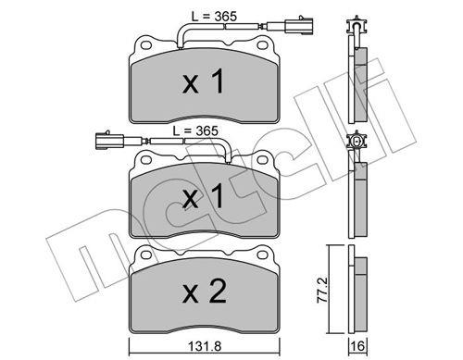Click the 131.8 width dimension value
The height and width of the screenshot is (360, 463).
coord(205,346)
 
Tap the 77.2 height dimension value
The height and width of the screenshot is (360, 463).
coord(322,290)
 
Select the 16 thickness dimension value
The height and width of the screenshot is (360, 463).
coord(357,346)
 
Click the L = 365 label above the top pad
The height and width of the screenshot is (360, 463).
coord(214,17)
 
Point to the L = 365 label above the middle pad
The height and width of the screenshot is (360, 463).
coord(195,130)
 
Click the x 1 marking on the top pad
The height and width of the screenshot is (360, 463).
coord(203,81)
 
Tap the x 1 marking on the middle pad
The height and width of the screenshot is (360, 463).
coord(203,195)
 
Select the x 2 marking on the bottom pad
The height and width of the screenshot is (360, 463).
coord(205,291)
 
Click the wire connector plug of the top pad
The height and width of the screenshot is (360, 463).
coord(290,26)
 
